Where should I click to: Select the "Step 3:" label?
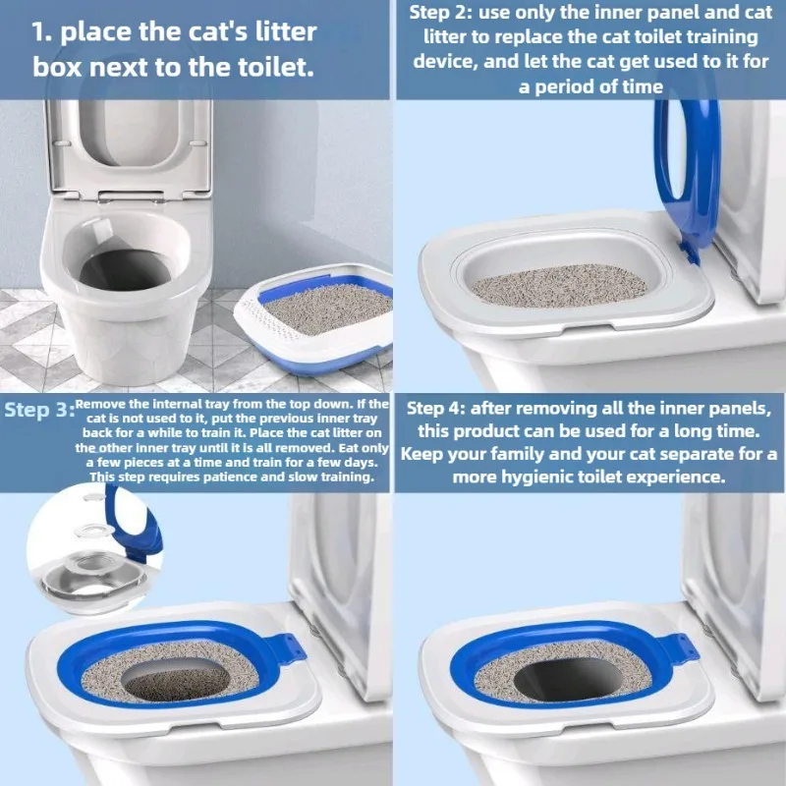coord(39,410)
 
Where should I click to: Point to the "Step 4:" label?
coord(435,408)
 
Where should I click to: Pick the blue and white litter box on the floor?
coord(313,317)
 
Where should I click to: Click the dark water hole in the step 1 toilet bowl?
coord(125,270)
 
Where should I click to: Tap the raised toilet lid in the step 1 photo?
coord(129,145)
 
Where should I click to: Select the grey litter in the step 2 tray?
coord(559,286)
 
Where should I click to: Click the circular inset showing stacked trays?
coord(94,549)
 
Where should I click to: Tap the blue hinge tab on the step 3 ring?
coord(290,648)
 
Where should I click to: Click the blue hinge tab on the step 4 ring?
coord(683,647)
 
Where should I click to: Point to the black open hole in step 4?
coord(569,680)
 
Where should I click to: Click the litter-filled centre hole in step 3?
coord(176,681)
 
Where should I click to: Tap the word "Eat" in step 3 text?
coord(351,448)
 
